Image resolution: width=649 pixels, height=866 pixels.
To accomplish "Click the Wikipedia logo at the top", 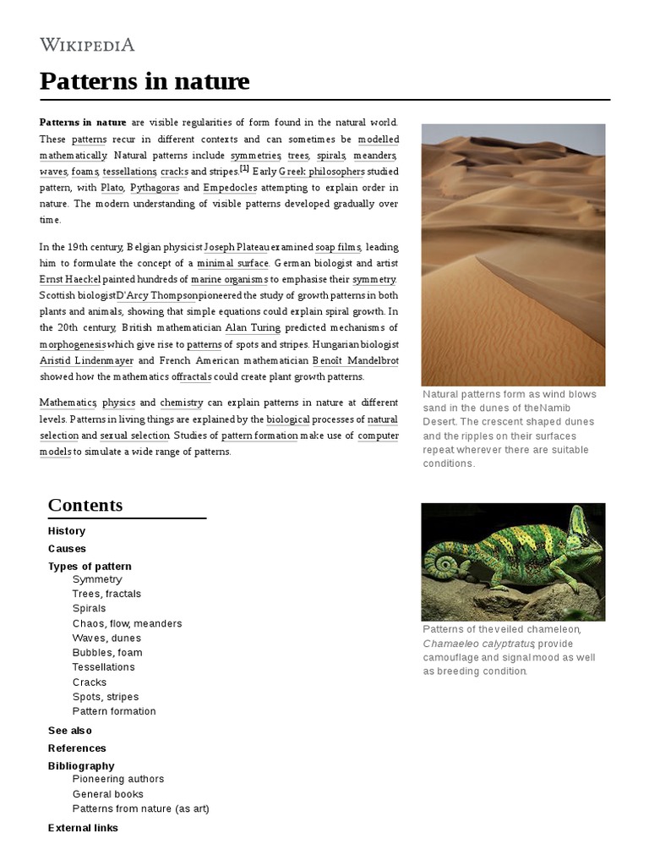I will click(86, 46).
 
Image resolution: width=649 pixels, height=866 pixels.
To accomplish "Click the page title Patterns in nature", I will click(145, 81).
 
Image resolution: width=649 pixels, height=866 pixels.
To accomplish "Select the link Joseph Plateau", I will click(236, 247).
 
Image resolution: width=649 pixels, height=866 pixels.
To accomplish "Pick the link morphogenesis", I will click(73, 344).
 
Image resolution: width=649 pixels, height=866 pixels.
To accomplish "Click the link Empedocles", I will click(230, 188).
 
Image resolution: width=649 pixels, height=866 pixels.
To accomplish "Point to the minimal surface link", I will click(232, 263).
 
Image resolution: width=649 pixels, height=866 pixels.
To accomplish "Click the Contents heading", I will click(85, 505).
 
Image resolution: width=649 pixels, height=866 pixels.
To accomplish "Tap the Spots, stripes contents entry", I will click(106, 697).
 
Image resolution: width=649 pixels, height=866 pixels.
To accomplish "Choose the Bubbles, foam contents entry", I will click(107, 653).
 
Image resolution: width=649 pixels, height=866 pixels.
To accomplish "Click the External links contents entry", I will click(83, 828).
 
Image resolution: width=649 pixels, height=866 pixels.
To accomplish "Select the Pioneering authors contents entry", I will click(118, 779).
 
